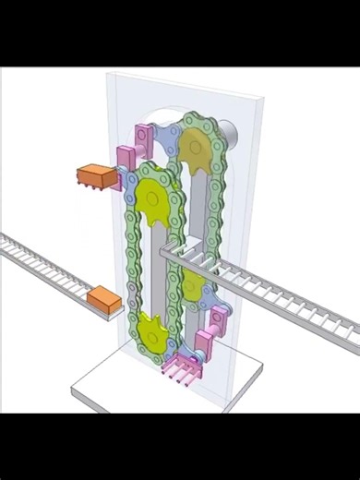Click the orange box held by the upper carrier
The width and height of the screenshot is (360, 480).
coord(94,176)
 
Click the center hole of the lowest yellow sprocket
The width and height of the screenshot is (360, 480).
coord(154,333)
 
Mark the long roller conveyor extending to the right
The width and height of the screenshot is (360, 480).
coord(286,295)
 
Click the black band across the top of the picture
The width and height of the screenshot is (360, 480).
coord(180,33)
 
